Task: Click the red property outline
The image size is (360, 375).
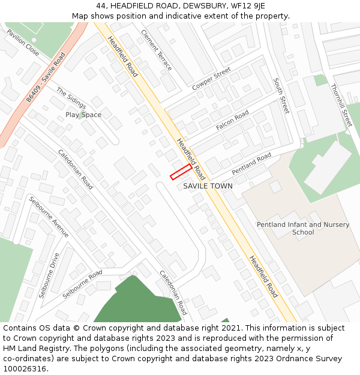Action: tap(181, 172)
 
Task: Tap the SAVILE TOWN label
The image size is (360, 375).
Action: tap(208, 187)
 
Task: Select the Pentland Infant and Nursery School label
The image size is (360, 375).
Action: tap(303, 228)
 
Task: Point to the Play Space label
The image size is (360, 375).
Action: tap(83, 115)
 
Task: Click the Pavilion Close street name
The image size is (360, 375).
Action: tap(23, 43)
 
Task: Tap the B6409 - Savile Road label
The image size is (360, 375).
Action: tap(46, 78)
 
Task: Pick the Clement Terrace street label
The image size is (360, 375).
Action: tap(157, 50)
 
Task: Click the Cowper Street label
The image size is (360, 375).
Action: tap(211, 79)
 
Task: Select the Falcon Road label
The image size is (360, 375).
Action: tap(232, 120)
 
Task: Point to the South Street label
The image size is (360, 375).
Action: tap(281, 95)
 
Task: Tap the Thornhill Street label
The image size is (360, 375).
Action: tap(340, 105)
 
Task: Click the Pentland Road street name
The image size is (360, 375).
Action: tap(252, 163)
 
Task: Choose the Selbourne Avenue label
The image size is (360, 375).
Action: tap(49, 217)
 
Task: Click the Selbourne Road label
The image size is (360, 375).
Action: tap(82, 284)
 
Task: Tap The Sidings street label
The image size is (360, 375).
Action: tap(71, 98)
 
